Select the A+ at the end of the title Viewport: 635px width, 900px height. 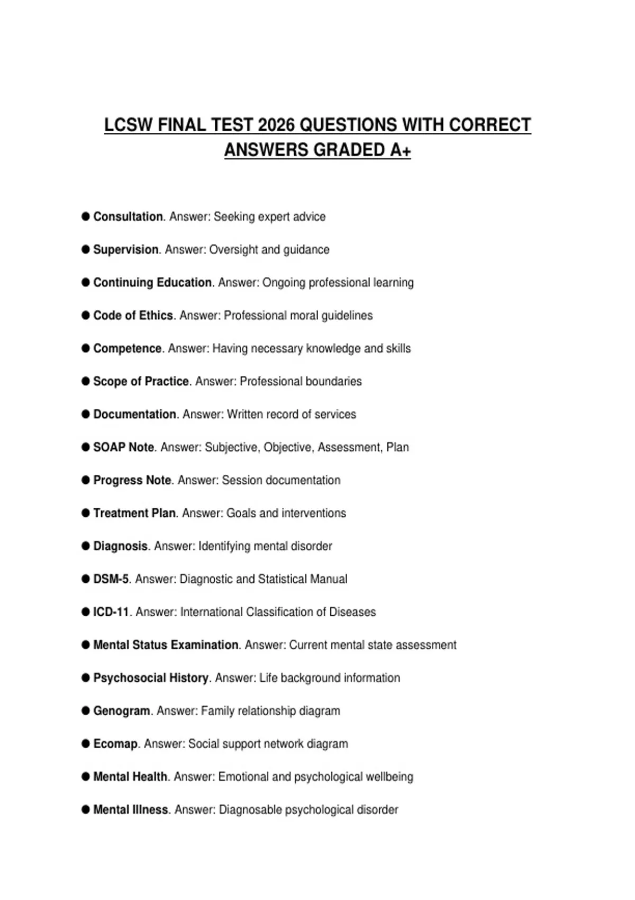coord(401,150)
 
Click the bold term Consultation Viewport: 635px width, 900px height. coord(128,217)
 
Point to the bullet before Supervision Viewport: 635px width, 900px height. coord(86,249)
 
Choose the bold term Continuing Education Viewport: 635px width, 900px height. coord(152,283)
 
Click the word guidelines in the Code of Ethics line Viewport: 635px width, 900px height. coord(347,316)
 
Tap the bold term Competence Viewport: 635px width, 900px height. coord(127,348)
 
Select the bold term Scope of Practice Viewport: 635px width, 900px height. coord(141,381)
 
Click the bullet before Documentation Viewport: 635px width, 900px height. coord(86,414)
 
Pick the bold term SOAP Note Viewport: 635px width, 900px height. coord(123,447)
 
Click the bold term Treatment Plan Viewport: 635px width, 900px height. coord(134,513)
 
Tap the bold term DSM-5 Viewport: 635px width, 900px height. coord(111,579)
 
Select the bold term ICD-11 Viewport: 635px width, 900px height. coord(111,612)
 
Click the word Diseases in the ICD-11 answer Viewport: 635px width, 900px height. coord(352,612)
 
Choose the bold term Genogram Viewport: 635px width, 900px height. coord(121,710)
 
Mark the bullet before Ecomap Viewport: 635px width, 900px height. coord(86,744)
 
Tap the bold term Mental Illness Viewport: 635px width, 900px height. coord(131,809)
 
